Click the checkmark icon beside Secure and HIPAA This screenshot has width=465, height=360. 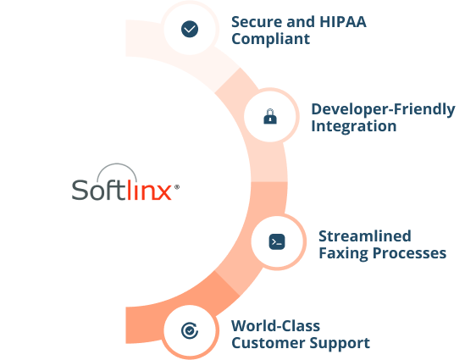190,29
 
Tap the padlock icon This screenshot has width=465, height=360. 270,116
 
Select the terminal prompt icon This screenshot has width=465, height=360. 277,241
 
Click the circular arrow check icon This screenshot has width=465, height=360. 190,330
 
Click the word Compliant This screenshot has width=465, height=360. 270,39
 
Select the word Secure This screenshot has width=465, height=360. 257,22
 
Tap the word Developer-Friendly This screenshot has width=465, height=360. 383,109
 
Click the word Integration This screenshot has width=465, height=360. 353,126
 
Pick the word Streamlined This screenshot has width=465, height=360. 365,236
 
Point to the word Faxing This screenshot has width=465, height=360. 343,253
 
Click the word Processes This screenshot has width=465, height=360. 409,253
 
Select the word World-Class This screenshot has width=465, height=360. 275,326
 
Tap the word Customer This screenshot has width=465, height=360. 268,343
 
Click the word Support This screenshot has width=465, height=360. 340,343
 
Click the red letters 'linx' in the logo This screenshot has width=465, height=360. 149,189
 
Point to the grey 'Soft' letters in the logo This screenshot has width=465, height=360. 99,189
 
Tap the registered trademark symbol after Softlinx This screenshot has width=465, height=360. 177,187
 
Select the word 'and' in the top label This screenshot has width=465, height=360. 301,22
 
